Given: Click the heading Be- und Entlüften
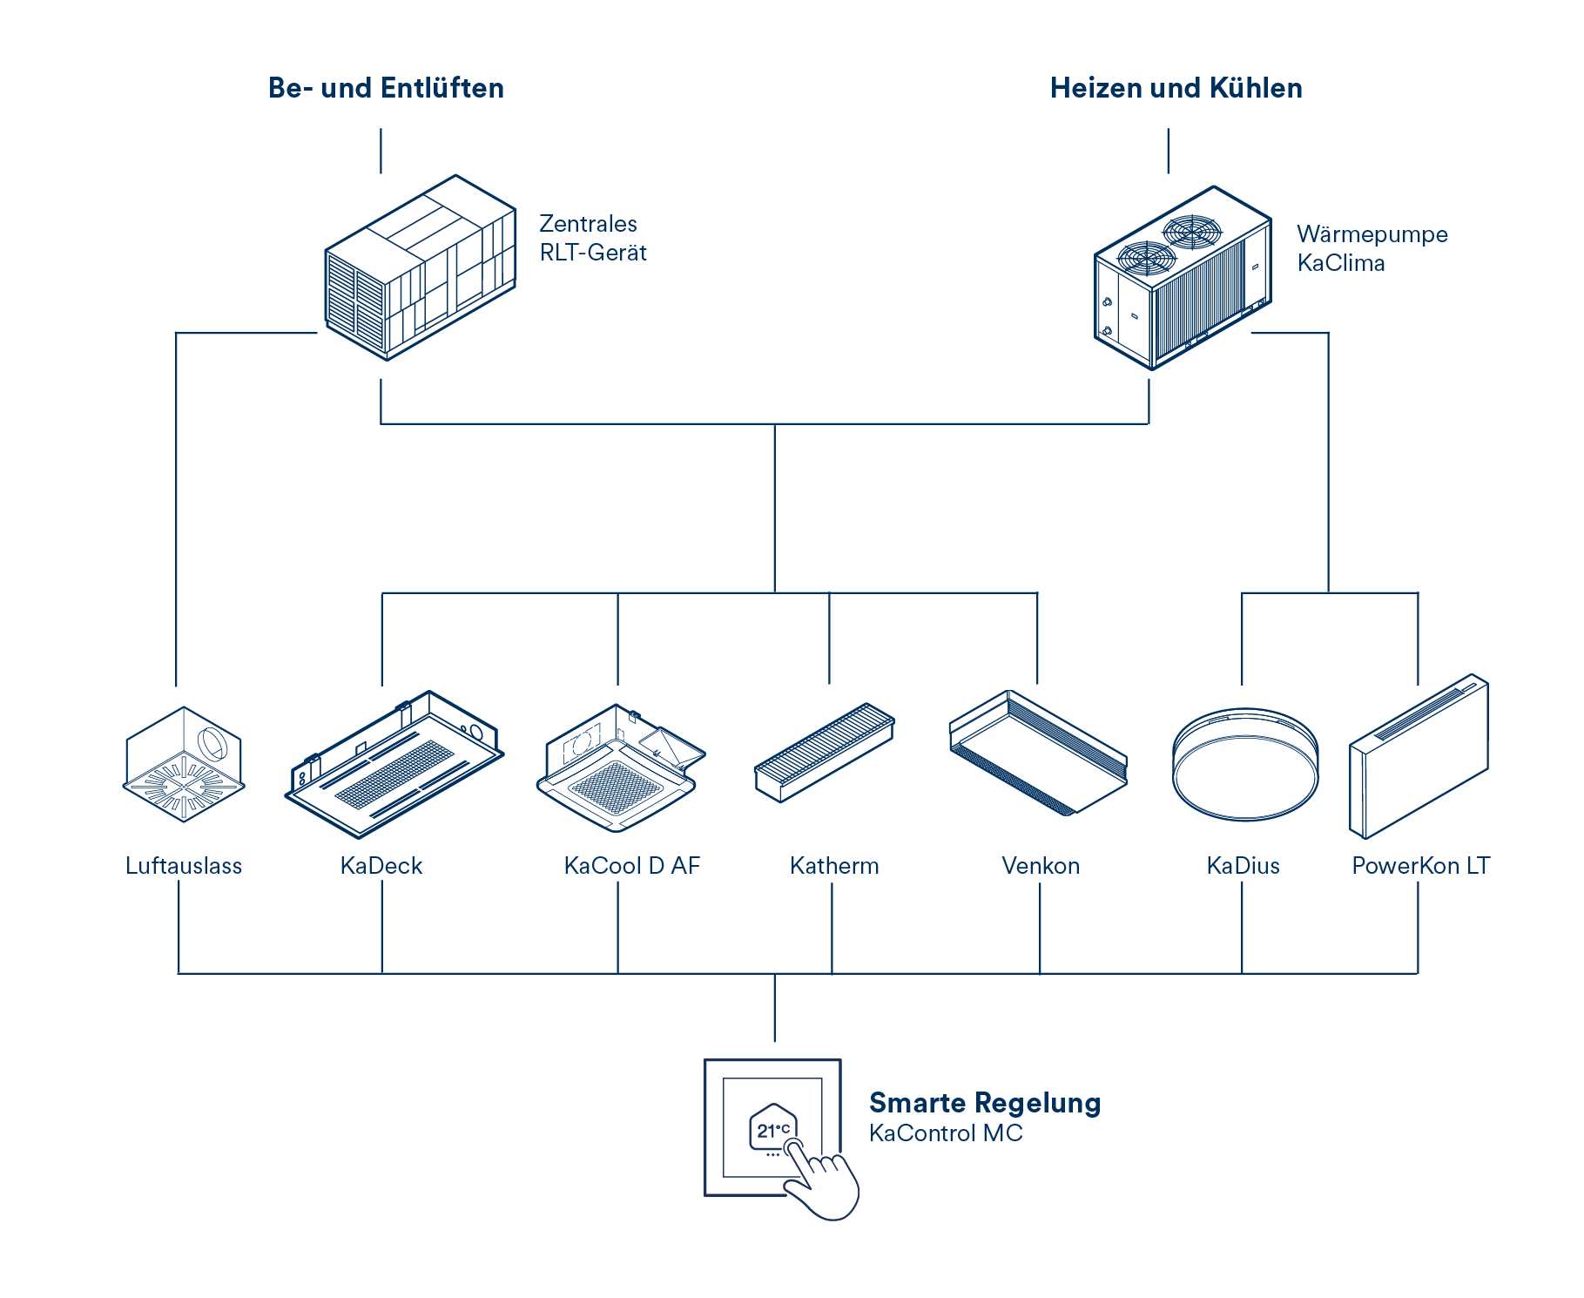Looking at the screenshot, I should pyautogui.click(x=386, y=88).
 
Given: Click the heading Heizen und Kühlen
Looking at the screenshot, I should pyautogui.click(x=1176, y=88).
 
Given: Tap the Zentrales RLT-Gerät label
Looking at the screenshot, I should pyautogui.click(x=592, y=238).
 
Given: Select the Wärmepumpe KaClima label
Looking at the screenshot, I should pyautogui.click(x=1372, y=248).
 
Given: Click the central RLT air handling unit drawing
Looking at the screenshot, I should pyautogui.click(x=421, y=267).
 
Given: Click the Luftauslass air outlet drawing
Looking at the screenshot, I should pyautogui.click(x=184, y=764).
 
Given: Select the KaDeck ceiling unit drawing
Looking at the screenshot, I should pyautogui.click(x=394, y=764).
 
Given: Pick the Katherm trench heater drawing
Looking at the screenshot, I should pyautogui.click(x=824, y=751).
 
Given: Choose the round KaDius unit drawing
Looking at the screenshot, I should pyautogui.click(x=1244, y=764).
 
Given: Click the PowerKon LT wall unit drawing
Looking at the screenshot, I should pyautogui.click(x=1419, y=756).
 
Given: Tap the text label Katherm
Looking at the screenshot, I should pyautogui.click(x=834, y=866).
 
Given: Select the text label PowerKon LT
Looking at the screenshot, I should pyautogui.click(x=1420, y=866).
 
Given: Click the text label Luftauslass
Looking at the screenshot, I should pyautogui.click(x=184, y=866).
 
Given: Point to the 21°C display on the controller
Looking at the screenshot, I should pyautogui.click(x=772, y=1131).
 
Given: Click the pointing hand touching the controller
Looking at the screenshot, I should pyautogui.click(x=822, y=1182).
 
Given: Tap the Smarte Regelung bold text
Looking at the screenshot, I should pyautogui.click(x=985, y=1103).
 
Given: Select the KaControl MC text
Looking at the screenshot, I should pyautogui.click(x=946, y=1133).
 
